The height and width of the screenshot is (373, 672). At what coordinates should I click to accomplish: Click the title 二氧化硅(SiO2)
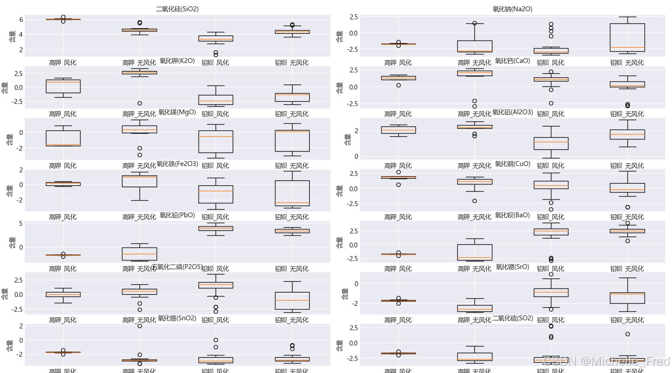point(177,9)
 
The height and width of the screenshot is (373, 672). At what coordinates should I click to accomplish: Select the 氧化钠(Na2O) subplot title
point(512,9)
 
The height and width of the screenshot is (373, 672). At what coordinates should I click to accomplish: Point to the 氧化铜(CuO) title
point(513,164)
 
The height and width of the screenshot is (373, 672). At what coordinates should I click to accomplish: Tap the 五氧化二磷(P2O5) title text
point(177,267)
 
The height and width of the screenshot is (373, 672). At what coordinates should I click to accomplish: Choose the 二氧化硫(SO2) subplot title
point(513,318)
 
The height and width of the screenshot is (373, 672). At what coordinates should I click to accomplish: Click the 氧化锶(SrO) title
point(512,267)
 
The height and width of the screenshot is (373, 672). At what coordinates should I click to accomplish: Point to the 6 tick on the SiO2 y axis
point(21,20)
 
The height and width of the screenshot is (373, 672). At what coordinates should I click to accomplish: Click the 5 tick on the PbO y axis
point(21,224)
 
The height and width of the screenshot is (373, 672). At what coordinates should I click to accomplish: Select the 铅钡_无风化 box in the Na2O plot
point(627,37)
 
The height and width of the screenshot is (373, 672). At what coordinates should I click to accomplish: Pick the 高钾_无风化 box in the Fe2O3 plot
point(140,181)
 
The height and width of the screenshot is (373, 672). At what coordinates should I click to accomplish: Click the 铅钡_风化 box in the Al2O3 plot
point(551,144)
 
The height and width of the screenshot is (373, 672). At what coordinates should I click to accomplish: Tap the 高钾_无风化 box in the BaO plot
point(474,252)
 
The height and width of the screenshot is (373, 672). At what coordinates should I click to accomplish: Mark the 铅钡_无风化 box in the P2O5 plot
point(292,301)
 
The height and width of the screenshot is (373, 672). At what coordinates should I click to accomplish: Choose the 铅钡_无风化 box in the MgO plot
point(292,141)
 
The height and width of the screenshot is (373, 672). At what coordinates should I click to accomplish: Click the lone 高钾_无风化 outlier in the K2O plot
point(140,103)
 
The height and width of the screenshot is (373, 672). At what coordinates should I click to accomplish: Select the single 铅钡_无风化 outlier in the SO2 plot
point(627,334)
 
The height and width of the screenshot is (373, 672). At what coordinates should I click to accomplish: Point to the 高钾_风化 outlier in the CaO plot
point(398,85)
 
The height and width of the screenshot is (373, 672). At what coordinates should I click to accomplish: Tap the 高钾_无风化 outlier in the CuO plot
point(474,201)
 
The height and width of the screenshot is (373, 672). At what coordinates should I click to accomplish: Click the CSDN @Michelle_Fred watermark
point(606,361)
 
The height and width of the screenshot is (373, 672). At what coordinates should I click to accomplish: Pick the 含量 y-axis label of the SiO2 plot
point(12,36)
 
